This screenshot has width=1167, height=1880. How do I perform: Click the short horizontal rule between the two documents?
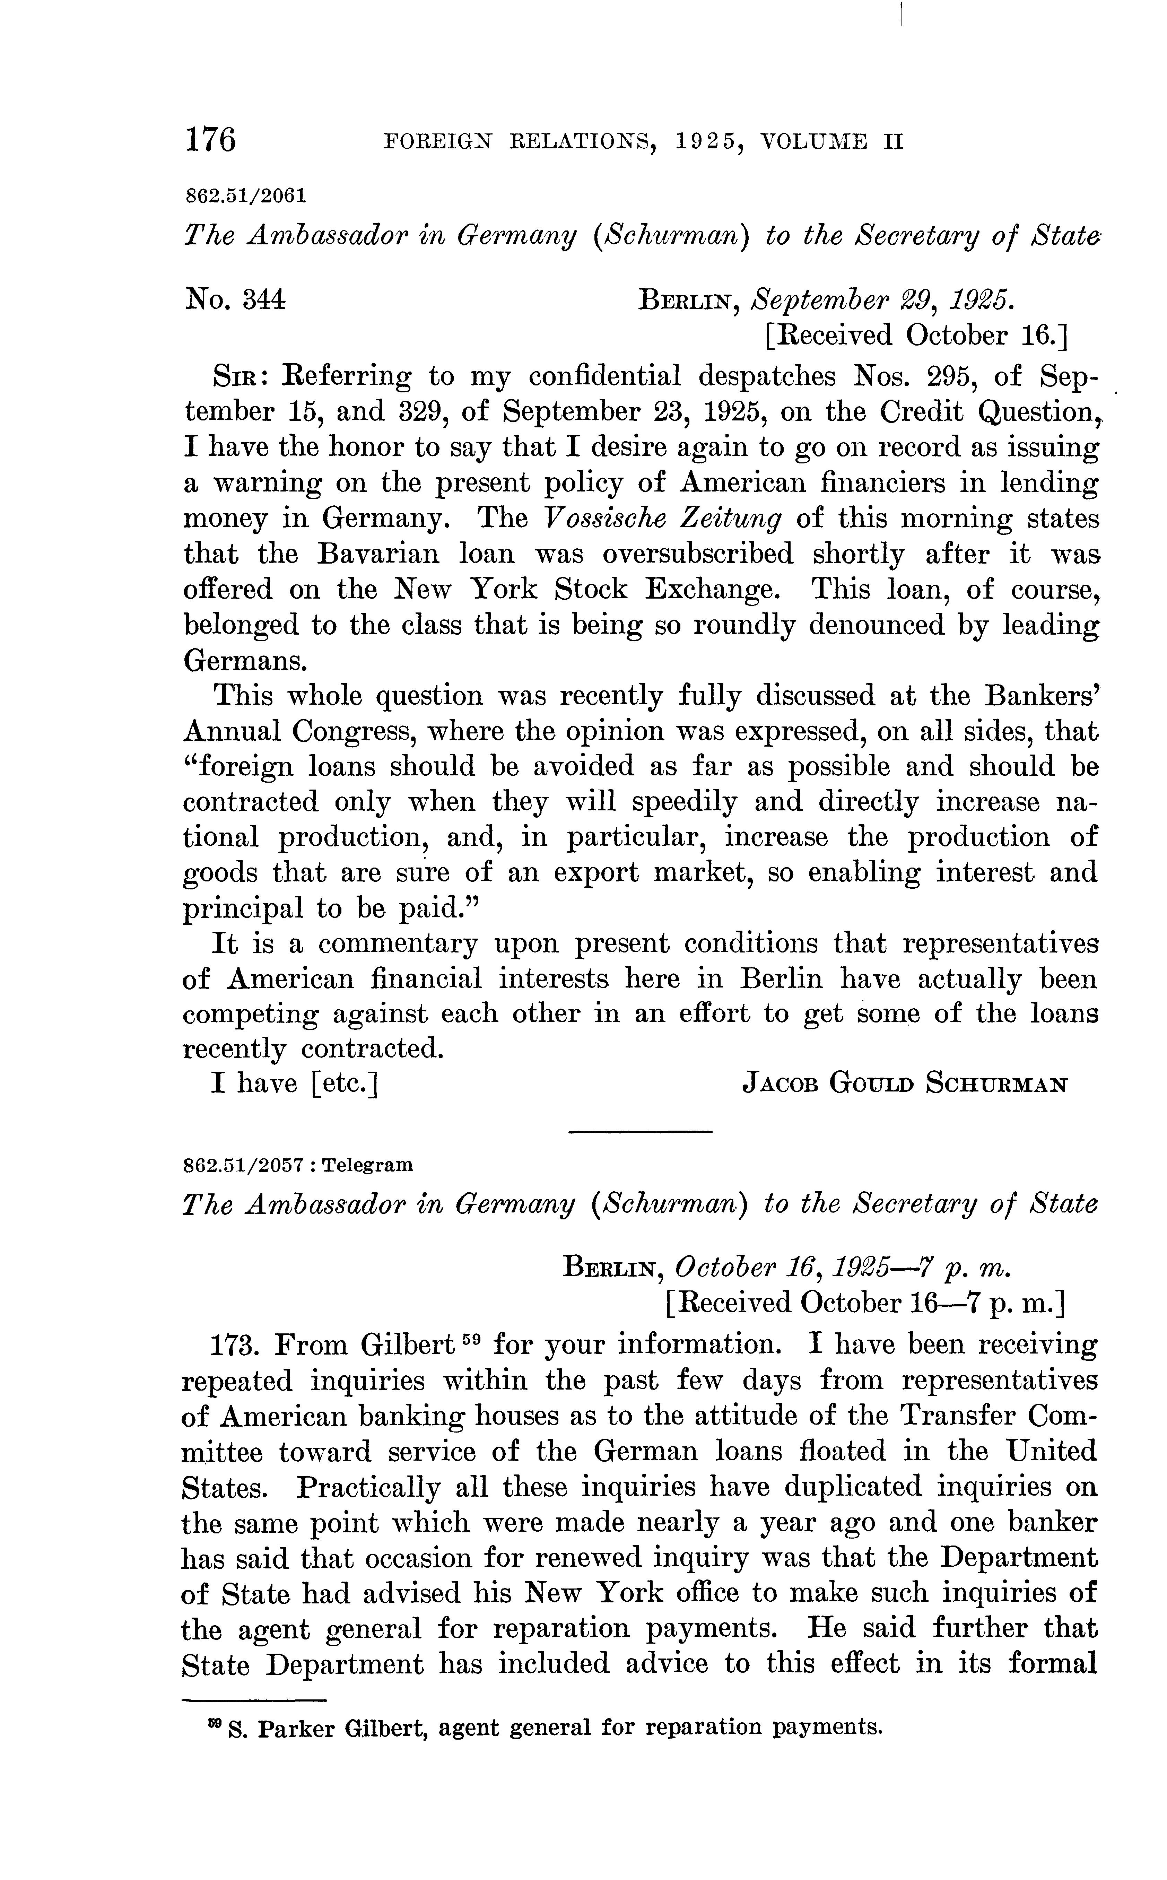(640, 1131)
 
